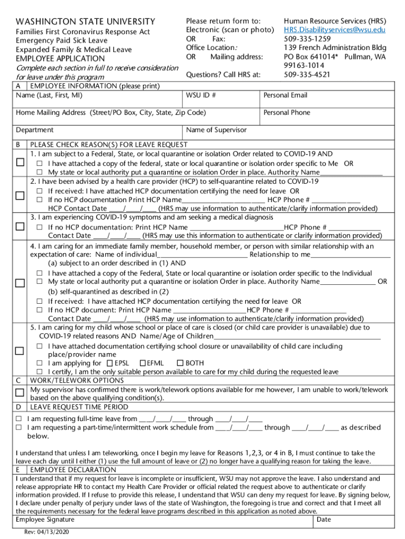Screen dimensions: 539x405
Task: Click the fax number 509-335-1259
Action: tap(307, 39)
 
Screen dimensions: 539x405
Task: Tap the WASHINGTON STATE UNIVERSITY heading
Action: tap(86, 22)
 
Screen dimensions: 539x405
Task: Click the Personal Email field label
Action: tap(285, 95)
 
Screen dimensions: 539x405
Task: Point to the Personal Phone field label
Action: tap(287, 113)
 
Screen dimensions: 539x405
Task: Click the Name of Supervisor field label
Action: tap(216, 130)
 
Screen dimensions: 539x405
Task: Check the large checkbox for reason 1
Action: tap(20, 163)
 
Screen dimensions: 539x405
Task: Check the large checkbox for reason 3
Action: tap(20, 226)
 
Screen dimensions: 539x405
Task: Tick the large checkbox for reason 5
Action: tap(20, 351)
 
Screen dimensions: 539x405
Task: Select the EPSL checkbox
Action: tap(109, 363)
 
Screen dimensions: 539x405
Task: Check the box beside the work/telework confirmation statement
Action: tap(20, 393)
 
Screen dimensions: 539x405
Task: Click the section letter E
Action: tap(18, 470)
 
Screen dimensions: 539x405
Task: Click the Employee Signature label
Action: tap(45, 520)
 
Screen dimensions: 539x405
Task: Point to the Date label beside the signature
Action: tap(324, 520)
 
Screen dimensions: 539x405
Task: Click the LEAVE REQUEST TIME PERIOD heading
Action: tap(79, 407)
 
